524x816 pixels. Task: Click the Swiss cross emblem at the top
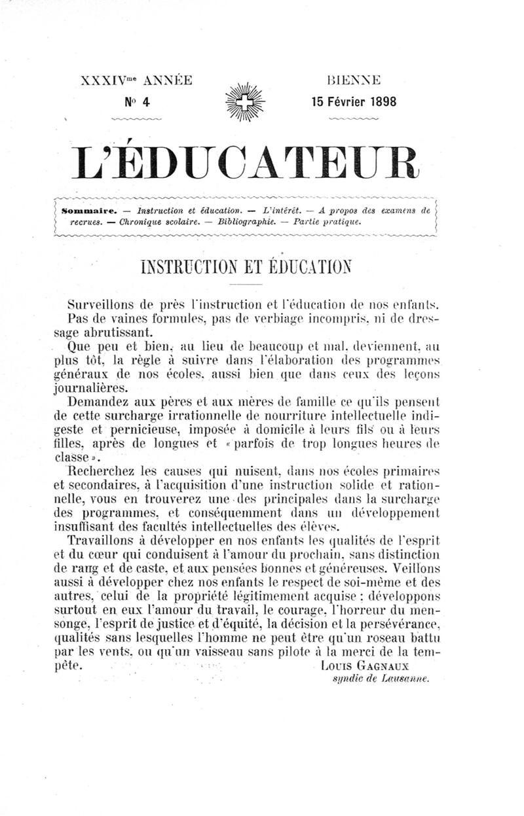[245, 102]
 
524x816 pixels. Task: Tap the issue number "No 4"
[137, 101]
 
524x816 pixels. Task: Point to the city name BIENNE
[354, 81]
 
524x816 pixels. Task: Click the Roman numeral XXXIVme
[111, 81]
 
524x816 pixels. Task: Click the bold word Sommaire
[87, 211]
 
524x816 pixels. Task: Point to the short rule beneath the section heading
[246, 287]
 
